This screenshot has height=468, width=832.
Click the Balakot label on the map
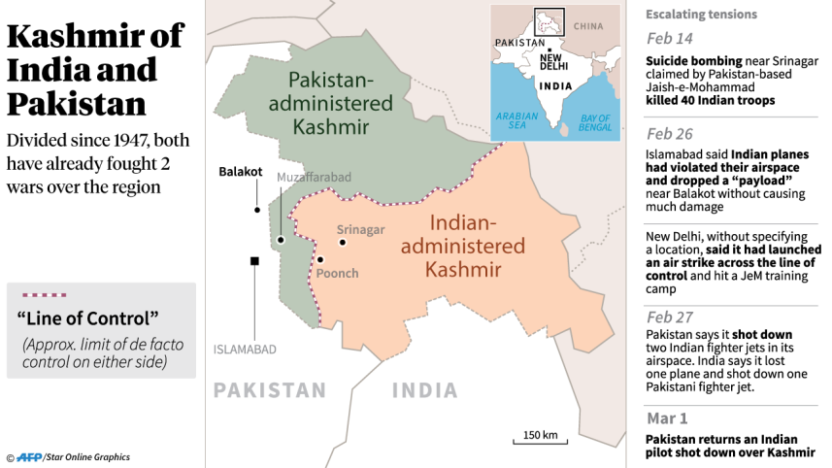click(240, 172)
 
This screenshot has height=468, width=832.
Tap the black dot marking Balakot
click(257, 209)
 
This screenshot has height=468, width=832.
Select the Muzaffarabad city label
click(314, 177)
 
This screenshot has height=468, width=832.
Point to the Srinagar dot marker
click(342, 242)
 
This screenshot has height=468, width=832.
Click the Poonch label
click(337, 273)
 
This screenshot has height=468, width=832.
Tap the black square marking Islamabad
click(254, 260)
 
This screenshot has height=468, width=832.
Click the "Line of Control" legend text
click(87, 318)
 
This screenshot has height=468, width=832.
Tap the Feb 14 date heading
click(670, 39)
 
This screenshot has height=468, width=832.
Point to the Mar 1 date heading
click(668, 418)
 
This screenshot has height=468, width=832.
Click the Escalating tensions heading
click(701, 15)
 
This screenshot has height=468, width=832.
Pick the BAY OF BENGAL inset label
click(594, 120)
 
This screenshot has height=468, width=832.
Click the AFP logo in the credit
click(31, 456)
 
